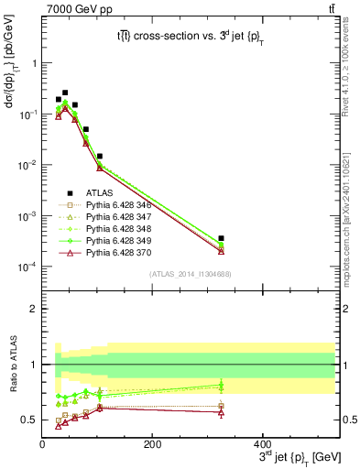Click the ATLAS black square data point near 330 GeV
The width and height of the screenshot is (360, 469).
tap(299, 238)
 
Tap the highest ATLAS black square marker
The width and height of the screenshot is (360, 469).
tap(65, 93)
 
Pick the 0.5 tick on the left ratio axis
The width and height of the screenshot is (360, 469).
tap(28, 420)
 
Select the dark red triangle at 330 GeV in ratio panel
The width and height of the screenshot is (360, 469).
tap(299, 412)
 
